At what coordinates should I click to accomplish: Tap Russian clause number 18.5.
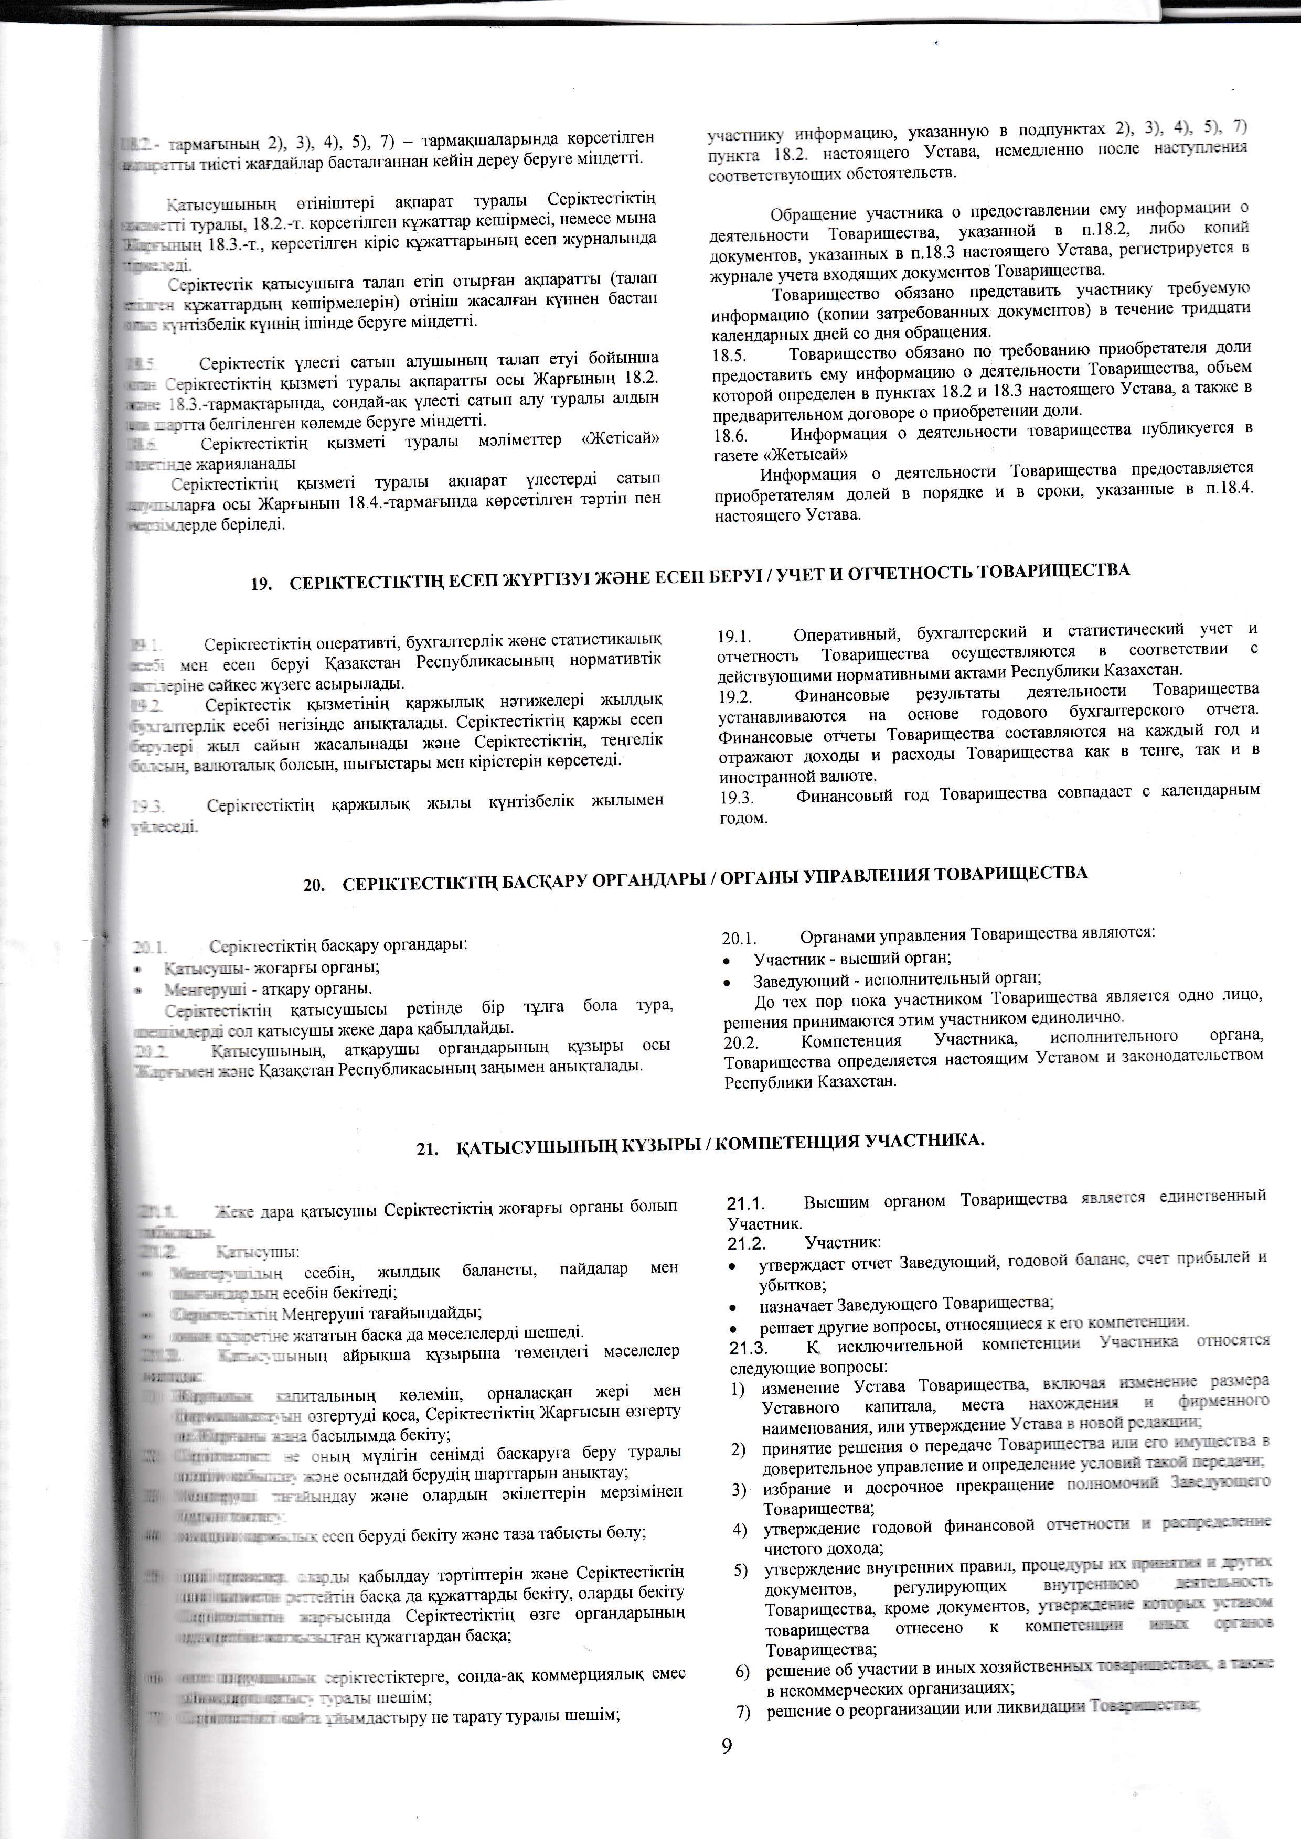pyautogui.click(x=730, y=350)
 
